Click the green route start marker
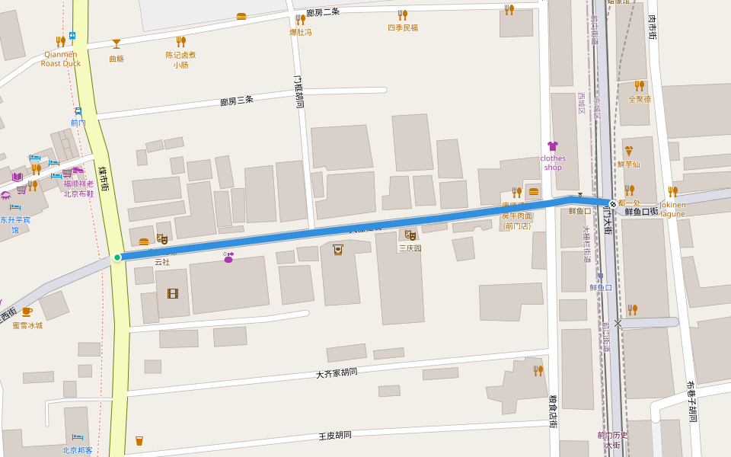point(117,257)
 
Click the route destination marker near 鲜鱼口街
point(612,204)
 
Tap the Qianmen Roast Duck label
point(61,59)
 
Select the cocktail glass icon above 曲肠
point(117,43)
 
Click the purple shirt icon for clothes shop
point(553,146)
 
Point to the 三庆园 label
point(410,248)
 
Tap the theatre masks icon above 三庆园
point(410,235)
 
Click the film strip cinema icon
point(173,293)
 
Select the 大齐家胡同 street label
point(337,373)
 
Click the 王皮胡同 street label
point(335,436)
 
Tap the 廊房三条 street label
point(237,101)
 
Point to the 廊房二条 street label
point(323,13)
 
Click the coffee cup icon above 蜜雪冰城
point(27,312)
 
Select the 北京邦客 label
point(77,450)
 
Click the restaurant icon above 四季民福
point(402,14)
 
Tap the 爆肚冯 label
point(300,33)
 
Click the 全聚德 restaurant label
point(640,99)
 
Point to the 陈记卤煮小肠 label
point(180,59)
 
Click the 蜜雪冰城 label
point(27,325)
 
